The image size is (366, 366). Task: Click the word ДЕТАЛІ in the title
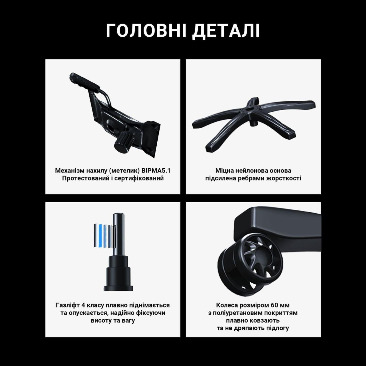(x=226, y=31)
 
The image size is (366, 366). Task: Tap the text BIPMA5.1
(x=156, y=171)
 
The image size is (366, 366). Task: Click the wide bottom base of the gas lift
(x=118, y=288)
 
